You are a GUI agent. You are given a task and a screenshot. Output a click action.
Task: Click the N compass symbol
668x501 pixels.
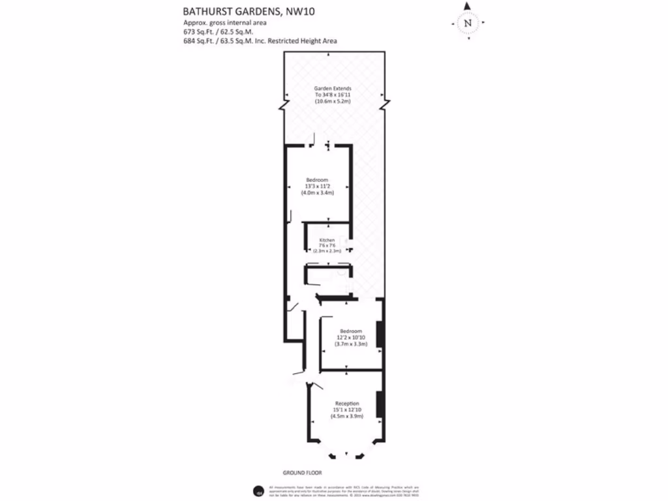click(x=467, y=23)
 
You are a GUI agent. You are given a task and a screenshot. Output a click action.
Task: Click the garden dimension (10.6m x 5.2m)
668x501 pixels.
click(x=333, y=102)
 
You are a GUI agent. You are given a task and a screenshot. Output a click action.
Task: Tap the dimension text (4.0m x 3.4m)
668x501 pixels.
click(x=317, y=193)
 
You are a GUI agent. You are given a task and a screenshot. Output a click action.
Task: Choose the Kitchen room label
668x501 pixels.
click(x=326, y=240)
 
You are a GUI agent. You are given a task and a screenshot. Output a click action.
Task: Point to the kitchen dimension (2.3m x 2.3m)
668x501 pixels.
click(x=327, y=250)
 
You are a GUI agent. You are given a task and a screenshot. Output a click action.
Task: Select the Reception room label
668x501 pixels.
click(x=347, y=404)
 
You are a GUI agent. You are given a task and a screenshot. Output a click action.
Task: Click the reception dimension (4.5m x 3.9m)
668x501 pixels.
click(x=347, y=416)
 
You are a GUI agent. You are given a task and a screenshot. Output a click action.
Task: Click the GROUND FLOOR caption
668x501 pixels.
click(x=303, y=472)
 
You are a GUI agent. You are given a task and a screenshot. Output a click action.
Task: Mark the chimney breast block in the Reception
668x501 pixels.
click(x=380, y=405)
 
